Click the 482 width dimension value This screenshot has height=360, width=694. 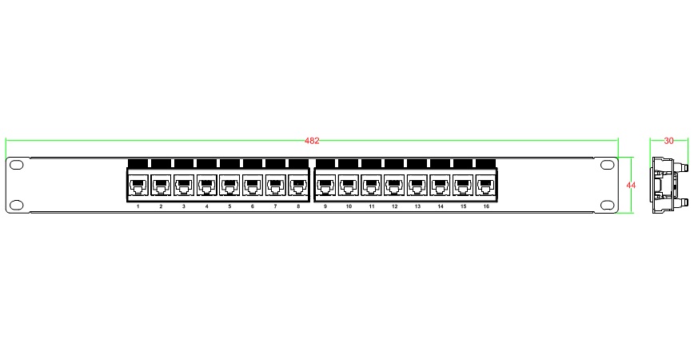[312, 141]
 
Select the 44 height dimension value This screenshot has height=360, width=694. [631, 185]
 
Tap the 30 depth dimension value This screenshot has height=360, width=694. [668, 141]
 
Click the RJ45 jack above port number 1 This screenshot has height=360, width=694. [138, 185]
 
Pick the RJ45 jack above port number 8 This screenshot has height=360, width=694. [298, 185]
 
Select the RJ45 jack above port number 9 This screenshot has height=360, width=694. [325, 185]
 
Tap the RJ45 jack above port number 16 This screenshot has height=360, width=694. [486, 185]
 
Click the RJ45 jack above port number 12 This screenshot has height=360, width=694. [394, 185]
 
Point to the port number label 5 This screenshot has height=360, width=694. [229, 206]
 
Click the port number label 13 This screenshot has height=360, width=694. [417, 206]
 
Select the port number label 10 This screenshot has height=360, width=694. [349, 206]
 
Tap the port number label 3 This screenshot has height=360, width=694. [184, 206]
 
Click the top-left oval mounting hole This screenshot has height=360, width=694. [16, 165]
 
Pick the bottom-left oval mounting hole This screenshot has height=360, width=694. [16, 205]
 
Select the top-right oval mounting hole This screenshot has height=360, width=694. [608, 165]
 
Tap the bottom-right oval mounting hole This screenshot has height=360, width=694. [608, 205]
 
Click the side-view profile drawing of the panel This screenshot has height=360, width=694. [668, 185]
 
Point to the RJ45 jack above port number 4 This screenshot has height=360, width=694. [207, 185]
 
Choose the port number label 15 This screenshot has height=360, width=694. [464, 206]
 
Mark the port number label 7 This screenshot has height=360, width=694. [275, 206]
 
